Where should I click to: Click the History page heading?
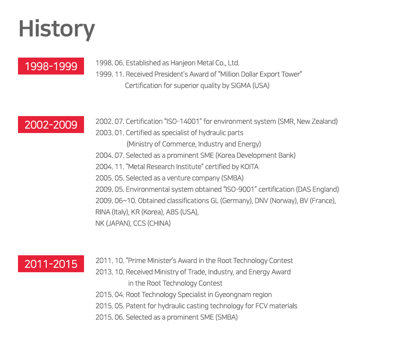57,29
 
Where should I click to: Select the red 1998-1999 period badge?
51,66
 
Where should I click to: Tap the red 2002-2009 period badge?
51,125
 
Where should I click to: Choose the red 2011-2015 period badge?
51,264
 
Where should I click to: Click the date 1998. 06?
110,63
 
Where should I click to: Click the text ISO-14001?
183,121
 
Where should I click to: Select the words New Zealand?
316,121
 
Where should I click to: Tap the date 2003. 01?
110,133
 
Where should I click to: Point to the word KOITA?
249,167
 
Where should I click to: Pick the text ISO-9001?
240,190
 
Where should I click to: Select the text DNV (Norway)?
275,201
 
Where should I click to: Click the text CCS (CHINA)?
152,224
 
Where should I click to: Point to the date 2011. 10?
110,260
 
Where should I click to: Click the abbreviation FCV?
261,306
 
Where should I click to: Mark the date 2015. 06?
110,318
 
